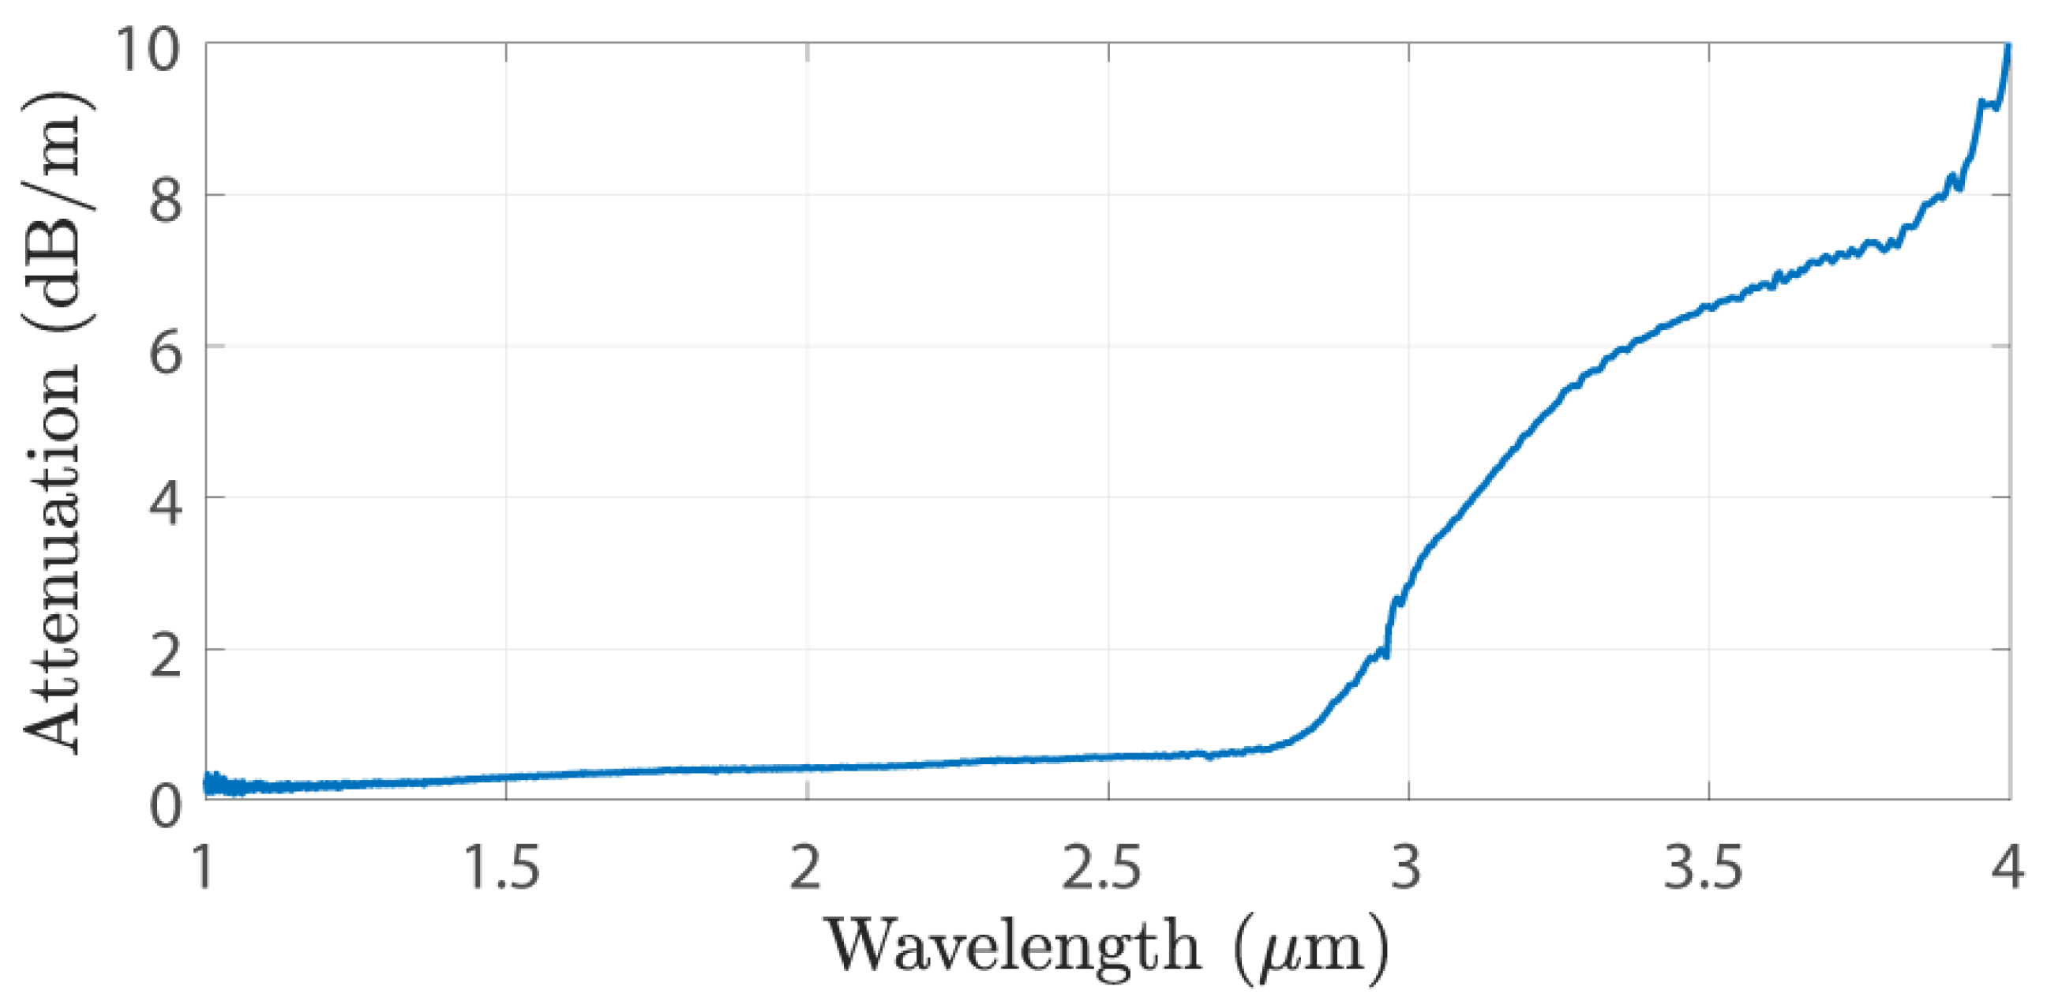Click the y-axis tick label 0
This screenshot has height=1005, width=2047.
(165, 804)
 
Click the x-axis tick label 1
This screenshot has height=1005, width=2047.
(205, 868)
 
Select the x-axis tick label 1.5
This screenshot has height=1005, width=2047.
(502, 868)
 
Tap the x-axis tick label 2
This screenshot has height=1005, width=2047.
(806, 868)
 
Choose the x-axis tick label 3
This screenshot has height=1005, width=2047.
(1408, 868)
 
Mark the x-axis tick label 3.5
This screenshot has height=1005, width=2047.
(1704, 868)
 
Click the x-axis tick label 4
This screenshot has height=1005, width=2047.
(2008, 868)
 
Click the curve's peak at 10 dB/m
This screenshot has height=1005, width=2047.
(2008, 47)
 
